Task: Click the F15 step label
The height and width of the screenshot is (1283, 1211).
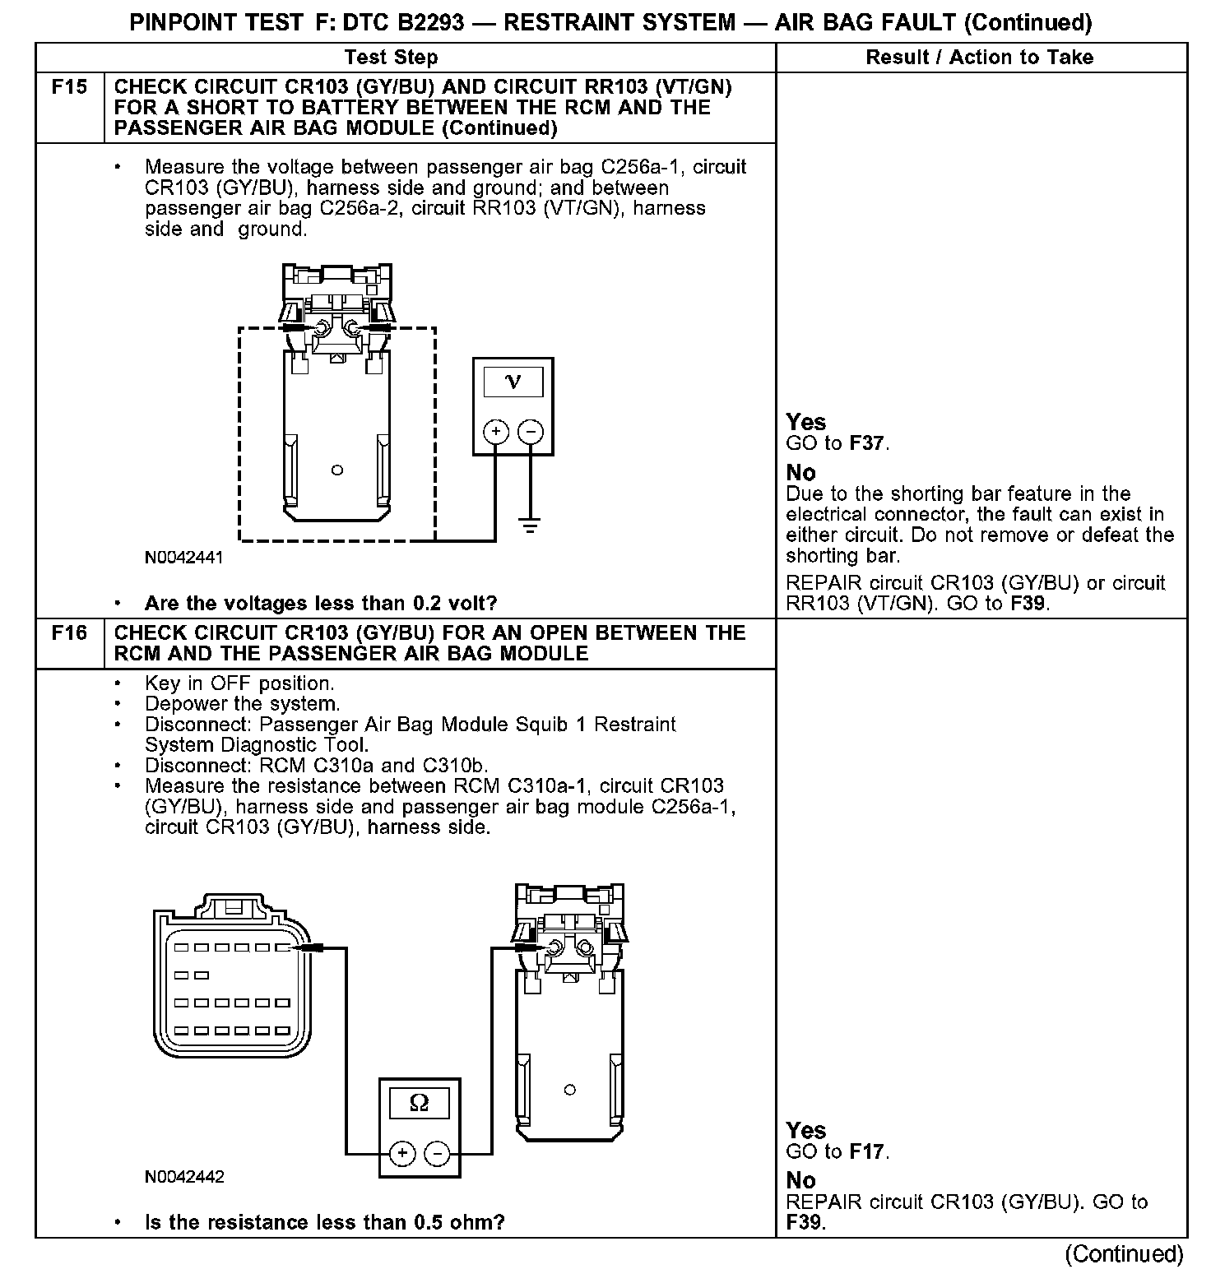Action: (x=69, y=87)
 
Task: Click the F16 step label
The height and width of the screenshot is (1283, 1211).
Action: (x=69, y=633)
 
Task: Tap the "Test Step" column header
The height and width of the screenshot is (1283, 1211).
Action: (x=392, y=57)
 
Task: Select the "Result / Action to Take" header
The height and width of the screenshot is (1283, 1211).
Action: (x=980, y=57)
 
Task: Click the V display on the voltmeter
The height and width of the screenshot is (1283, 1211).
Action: (x=513, y=382)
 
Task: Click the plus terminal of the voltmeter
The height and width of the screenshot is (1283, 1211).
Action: (x=496, y=432)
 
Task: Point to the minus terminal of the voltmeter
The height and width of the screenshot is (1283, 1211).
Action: (x=531, y=432)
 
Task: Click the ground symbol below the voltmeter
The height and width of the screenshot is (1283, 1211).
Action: (x=531, y=525)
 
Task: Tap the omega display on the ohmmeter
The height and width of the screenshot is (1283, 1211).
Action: (x=419, y=1103)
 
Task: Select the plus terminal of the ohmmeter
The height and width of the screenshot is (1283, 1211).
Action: (x=402, y=1154)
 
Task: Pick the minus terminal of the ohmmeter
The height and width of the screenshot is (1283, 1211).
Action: (x=437, y=1154)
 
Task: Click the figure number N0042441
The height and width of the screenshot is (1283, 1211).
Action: (x=184, y=558)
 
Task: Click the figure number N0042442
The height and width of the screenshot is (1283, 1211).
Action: (x=184, y=1177)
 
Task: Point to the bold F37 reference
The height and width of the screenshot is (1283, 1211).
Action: (x=867, y=444)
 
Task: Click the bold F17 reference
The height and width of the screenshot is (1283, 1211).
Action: (x=867, y=1152)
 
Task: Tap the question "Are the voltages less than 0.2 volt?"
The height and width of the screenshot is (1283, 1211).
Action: (x=321, y=604)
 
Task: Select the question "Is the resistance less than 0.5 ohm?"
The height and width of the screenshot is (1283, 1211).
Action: (x=325, y=1222)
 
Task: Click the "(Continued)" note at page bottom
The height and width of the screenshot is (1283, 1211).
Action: (x=1125, y=1254)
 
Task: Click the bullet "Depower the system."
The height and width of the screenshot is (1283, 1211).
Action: (x=242, y=704)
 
